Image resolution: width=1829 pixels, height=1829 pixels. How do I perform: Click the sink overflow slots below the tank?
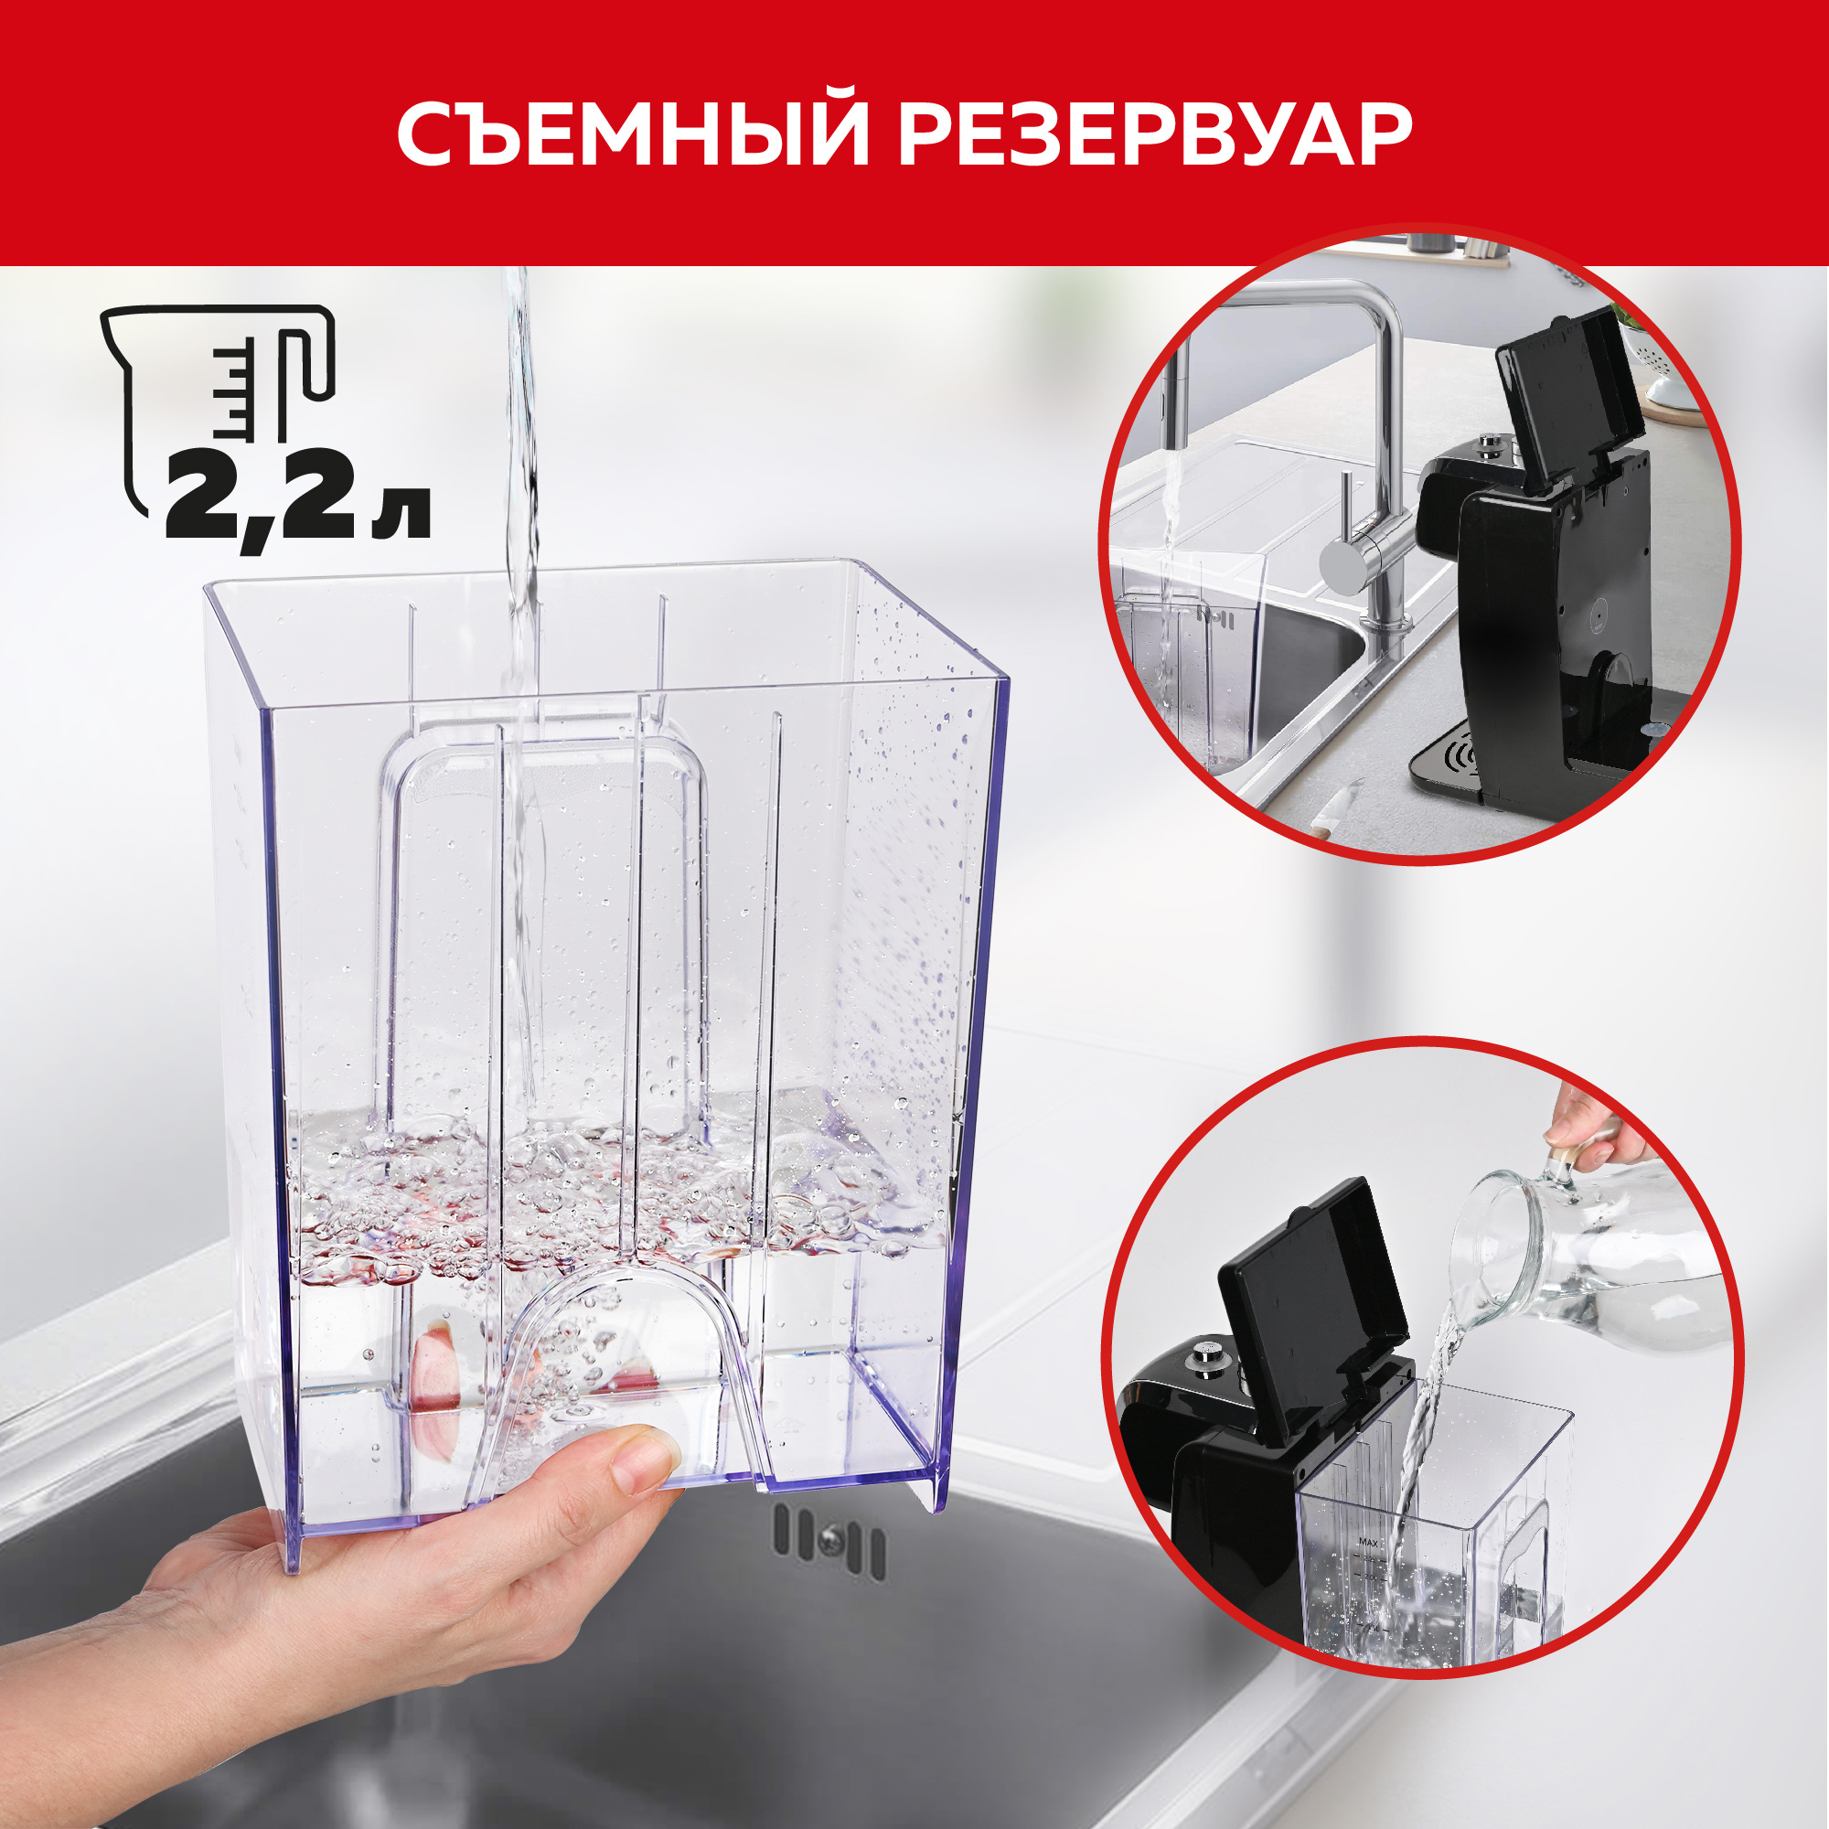click(829, 1543)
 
